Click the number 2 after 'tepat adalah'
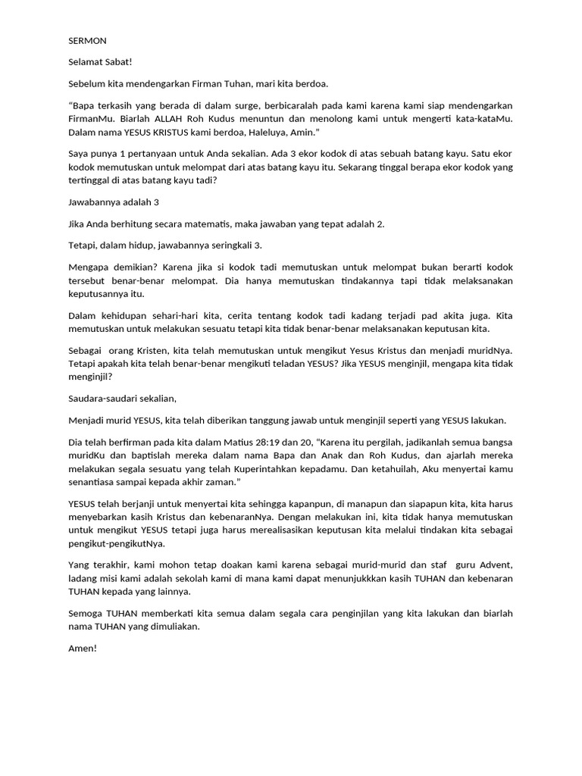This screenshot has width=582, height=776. [x=380, y=224]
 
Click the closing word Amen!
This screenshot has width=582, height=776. [x=83, y=649]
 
